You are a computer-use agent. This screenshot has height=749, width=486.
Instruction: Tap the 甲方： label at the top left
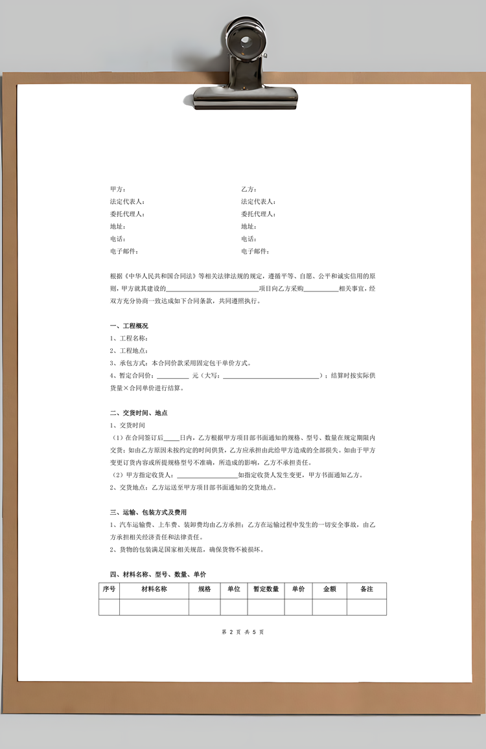coord(118,189)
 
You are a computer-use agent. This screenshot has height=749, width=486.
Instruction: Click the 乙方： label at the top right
coord(249,189)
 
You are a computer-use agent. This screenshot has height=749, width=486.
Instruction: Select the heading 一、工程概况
coord(130,326)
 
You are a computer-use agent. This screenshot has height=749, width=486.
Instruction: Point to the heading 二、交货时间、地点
coord(139,413)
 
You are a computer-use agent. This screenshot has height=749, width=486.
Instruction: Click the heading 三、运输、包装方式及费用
coord(148,512)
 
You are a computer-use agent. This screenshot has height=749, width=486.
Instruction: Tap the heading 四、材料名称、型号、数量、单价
coord(158,574)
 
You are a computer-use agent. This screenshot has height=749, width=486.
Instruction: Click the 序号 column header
coord(109,590)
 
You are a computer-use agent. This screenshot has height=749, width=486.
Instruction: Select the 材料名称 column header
coord(154,590)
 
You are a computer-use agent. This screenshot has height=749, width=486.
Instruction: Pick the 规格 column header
coord(204,590)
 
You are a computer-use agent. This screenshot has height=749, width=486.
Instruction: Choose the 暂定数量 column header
coord(266,590)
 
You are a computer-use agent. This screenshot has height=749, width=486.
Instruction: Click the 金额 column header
coord(329,590)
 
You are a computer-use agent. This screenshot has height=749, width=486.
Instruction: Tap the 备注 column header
coord(367,590)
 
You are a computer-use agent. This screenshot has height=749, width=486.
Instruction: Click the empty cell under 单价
coord(298,607)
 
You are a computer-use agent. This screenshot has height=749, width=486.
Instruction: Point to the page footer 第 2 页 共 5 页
coord(243,632)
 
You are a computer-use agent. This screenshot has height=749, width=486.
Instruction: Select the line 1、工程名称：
coord(130,339)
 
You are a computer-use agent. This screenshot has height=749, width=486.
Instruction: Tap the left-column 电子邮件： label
coord(124,251)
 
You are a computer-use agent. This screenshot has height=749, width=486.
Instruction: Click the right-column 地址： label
coord(249,227)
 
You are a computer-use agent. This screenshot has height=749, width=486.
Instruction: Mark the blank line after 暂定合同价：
coord(172,376)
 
